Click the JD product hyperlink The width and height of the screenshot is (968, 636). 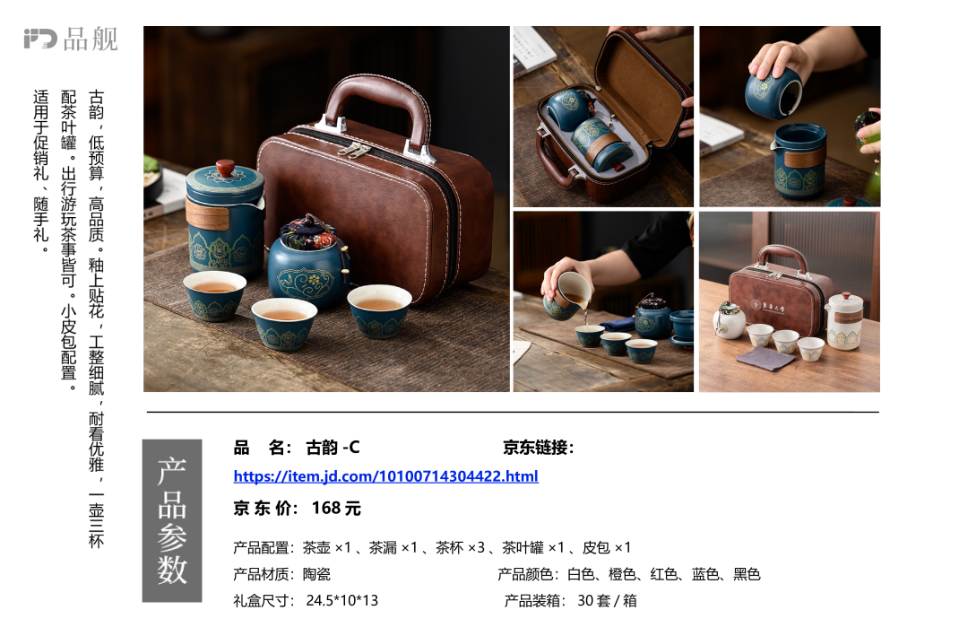pos(385,476)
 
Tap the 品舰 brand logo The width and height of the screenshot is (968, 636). pos(71,39)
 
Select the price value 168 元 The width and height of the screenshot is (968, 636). pos(336,508)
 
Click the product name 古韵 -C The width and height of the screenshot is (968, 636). pos(333,447)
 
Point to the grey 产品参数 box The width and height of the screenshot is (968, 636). pos(172,520)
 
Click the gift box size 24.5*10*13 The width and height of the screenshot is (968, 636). pos(342,600)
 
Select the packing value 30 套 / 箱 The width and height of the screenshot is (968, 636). pos(607,600)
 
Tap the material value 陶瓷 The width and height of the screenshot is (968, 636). pos(316,574)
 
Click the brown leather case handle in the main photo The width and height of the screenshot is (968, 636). pos(377,109)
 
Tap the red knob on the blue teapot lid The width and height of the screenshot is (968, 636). pos(225,167)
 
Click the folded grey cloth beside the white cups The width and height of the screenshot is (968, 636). pos(765,357)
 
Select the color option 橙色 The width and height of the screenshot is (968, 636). pos(622,574)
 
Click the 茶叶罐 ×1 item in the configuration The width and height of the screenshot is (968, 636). pos(533,547)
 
